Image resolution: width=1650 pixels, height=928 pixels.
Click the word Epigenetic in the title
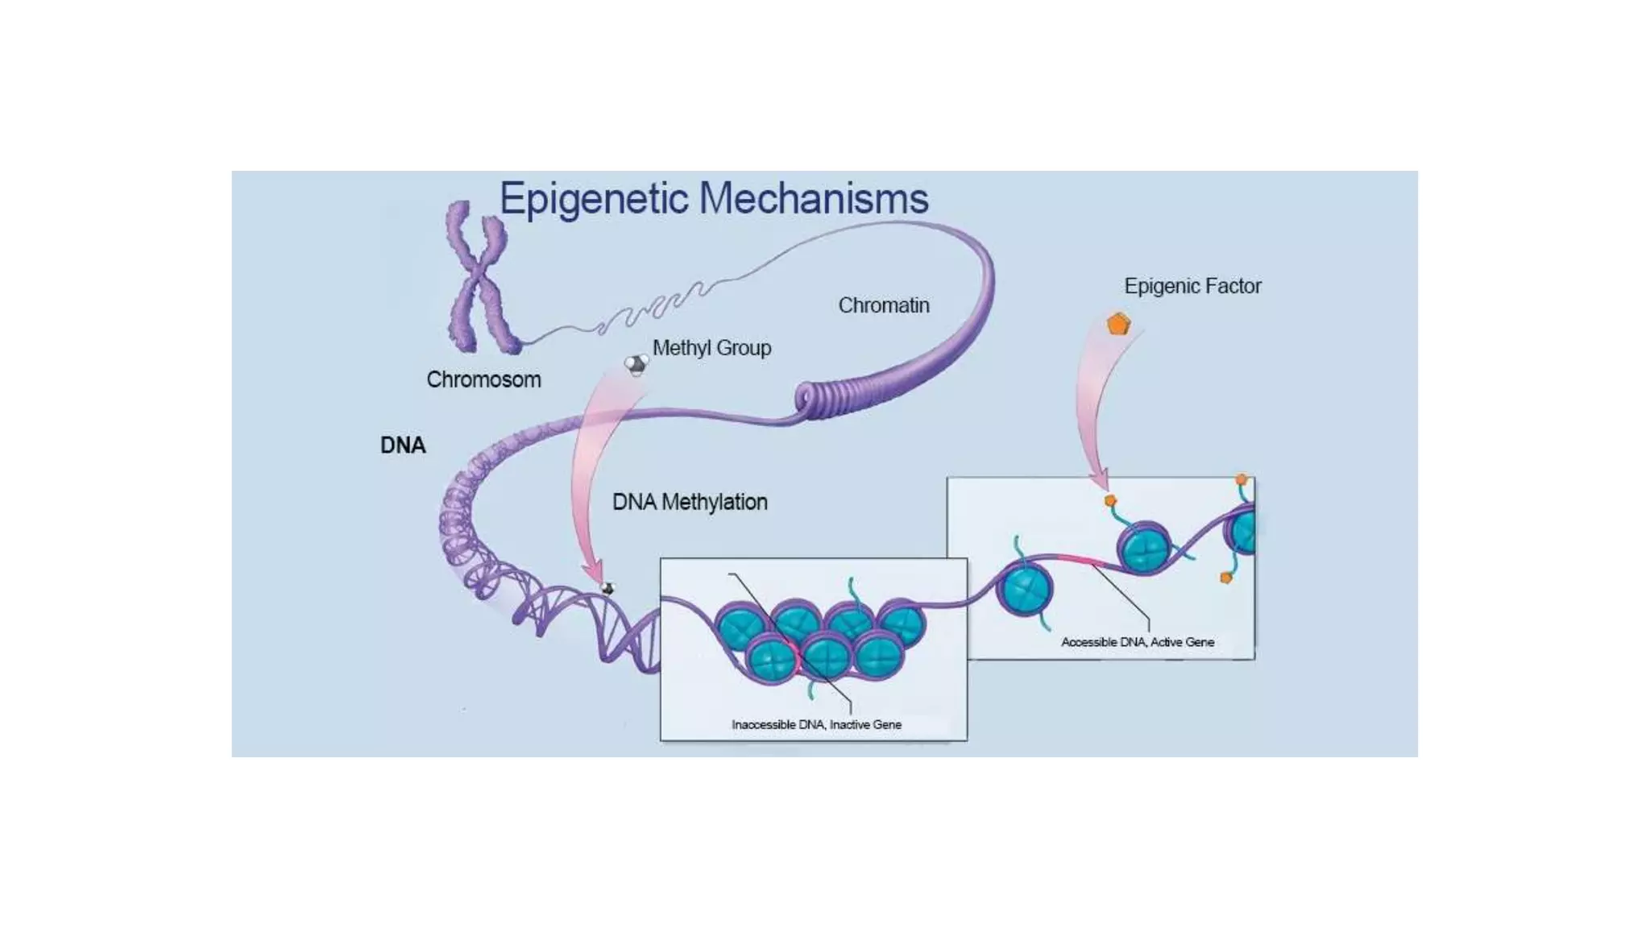(594, 199)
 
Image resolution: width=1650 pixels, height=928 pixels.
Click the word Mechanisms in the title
(814, 199)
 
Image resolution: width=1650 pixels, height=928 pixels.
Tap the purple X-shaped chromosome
(480, 278)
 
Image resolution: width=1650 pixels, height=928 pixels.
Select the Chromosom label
(483, 379)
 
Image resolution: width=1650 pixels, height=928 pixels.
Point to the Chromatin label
(884, 305)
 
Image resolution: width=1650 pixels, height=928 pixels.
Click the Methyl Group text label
(711, 348)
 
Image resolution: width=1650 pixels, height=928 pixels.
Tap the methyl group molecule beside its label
(636, 365)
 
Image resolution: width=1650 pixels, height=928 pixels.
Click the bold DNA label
(403, 445)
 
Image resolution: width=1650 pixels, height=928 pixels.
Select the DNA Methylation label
(690, 502)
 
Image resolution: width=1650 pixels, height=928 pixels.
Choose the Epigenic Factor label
(1192, 286)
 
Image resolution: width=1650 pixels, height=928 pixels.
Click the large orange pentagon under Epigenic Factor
(1118, 325)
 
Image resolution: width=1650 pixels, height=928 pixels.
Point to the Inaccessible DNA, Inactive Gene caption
(816, 724)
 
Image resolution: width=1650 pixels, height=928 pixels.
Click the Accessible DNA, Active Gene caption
(1137, 642)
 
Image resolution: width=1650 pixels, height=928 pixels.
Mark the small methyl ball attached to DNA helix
(608, 589)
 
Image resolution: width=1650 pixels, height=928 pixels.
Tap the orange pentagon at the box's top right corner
(1241, 480)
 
